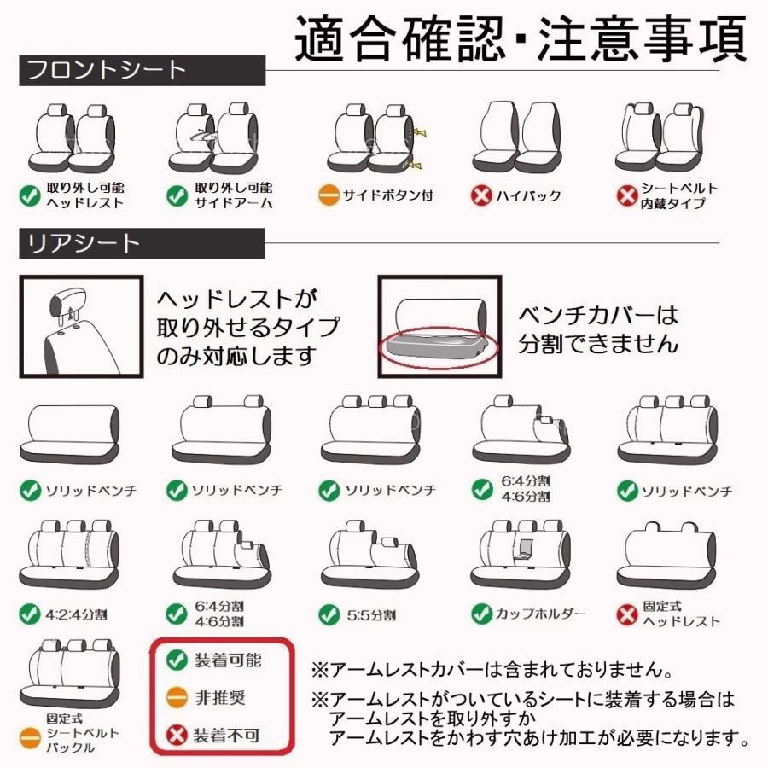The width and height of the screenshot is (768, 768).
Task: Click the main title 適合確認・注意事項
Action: coord(520,38)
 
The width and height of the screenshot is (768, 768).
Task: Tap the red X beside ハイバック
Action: coord(481,195)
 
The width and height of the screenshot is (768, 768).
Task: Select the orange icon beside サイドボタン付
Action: coord(329,195)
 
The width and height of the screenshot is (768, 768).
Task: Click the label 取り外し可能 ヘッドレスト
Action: coord(85,195)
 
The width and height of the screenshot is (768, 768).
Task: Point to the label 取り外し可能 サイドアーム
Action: coord(233,195)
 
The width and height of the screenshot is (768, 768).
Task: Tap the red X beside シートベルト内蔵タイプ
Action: coord(627,195)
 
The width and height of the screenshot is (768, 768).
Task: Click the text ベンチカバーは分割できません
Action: coord(598,329)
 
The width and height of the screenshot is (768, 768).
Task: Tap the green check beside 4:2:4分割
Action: coord(30,614)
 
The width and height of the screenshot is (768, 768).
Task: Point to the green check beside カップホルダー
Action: coord(482,614)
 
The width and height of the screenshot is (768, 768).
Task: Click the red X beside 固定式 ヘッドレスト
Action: coord(627,614)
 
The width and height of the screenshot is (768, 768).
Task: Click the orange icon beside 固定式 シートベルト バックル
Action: coord(30,735)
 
